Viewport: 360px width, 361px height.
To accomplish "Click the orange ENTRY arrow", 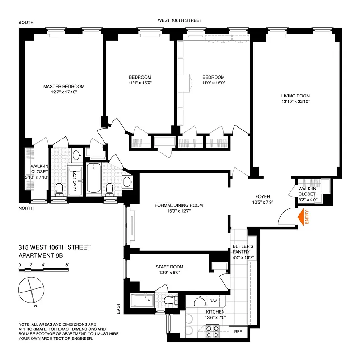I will click(300, 218).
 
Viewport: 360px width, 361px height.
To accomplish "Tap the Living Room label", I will click(295, 96).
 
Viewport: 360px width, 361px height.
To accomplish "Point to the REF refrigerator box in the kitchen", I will click(238, 332).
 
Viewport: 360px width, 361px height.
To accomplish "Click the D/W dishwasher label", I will click(213, 301).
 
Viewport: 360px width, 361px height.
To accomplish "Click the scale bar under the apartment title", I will click(43, 270).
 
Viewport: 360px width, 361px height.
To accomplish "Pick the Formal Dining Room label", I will click(179, 205).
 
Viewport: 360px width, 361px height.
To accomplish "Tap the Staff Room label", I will click(170, 267).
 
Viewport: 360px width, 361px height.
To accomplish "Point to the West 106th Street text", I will click(179, 20).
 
